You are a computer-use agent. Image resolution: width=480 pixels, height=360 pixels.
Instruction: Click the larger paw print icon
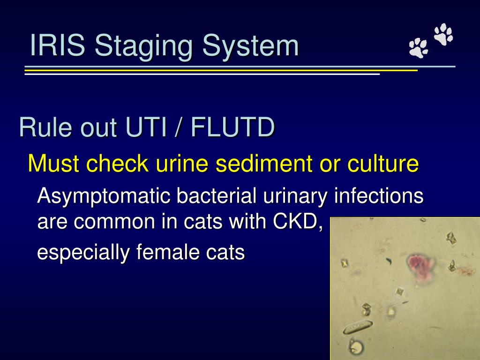(443, 34)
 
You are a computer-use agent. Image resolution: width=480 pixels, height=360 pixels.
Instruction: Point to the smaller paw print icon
(418, 48)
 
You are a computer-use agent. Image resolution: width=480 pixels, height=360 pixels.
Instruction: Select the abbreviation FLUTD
(232, 127)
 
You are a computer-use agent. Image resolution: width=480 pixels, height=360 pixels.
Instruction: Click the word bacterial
(216, 196)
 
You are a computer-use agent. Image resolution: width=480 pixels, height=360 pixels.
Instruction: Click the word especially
(83, 253)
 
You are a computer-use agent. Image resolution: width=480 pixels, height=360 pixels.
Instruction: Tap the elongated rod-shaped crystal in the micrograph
(359, 326)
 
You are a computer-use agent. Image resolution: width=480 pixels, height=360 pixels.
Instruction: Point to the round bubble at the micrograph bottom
(356, 347)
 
